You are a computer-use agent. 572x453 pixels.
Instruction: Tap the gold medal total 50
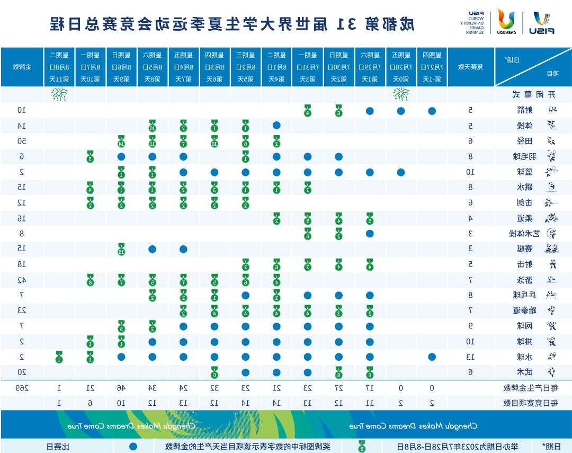[22, 141]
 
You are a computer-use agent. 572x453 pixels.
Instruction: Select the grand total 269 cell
[22, 388]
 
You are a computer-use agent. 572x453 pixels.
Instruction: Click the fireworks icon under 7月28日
[401, 95]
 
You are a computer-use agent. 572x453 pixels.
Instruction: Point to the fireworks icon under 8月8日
[58, 95]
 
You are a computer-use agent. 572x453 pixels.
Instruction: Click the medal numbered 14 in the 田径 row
[121, 141]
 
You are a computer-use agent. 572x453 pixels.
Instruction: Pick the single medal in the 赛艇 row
[121, 249]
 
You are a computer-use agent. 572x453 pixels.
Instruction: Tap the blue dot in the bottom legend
[133, 447]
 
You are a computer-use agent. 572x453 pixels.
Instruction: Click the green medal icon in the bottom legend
[362, 447]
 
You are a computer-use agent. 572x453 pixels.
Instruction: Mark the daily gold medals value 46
[121, 388]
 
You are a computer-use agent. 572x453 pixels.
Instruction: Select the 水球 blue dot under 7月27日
[432, 357]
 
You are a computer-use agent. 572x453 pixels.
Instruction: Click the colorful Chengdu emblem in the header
[506, 21]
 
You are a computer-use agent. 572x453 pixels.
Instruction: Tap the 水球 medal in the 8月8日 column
[59, 357]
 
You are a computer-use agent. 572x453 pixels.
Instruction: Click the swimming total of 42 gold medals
[22, 280]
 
